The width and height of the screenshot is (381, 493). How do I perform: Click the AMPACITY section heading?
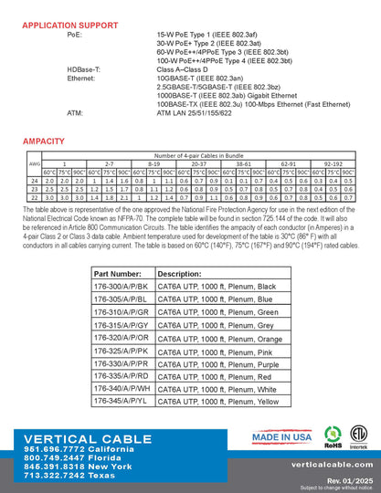43,142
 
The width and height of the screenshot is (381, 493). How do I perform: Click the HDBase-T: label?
86,68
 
